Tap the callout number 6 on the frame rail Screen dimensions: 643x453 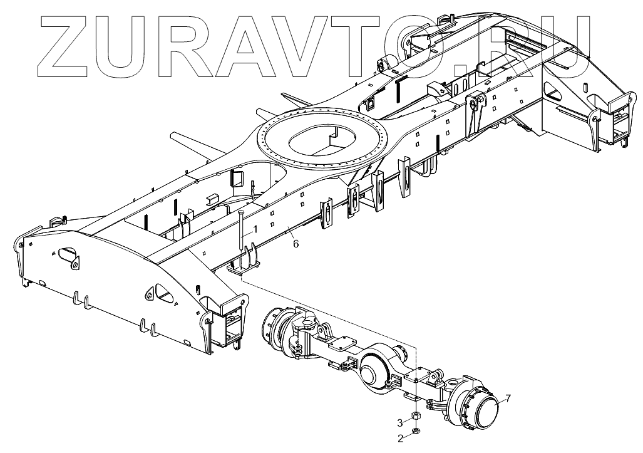[x=296, y=244]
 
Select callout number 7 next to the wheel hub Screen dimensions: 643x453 [x=508, y=398]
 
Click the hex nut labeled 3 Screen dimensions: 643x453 [x=415, y=417]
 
